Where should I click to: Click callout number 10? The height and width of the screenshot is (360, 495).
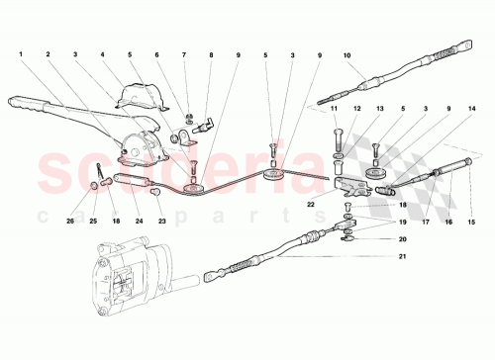coord(346,68)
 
